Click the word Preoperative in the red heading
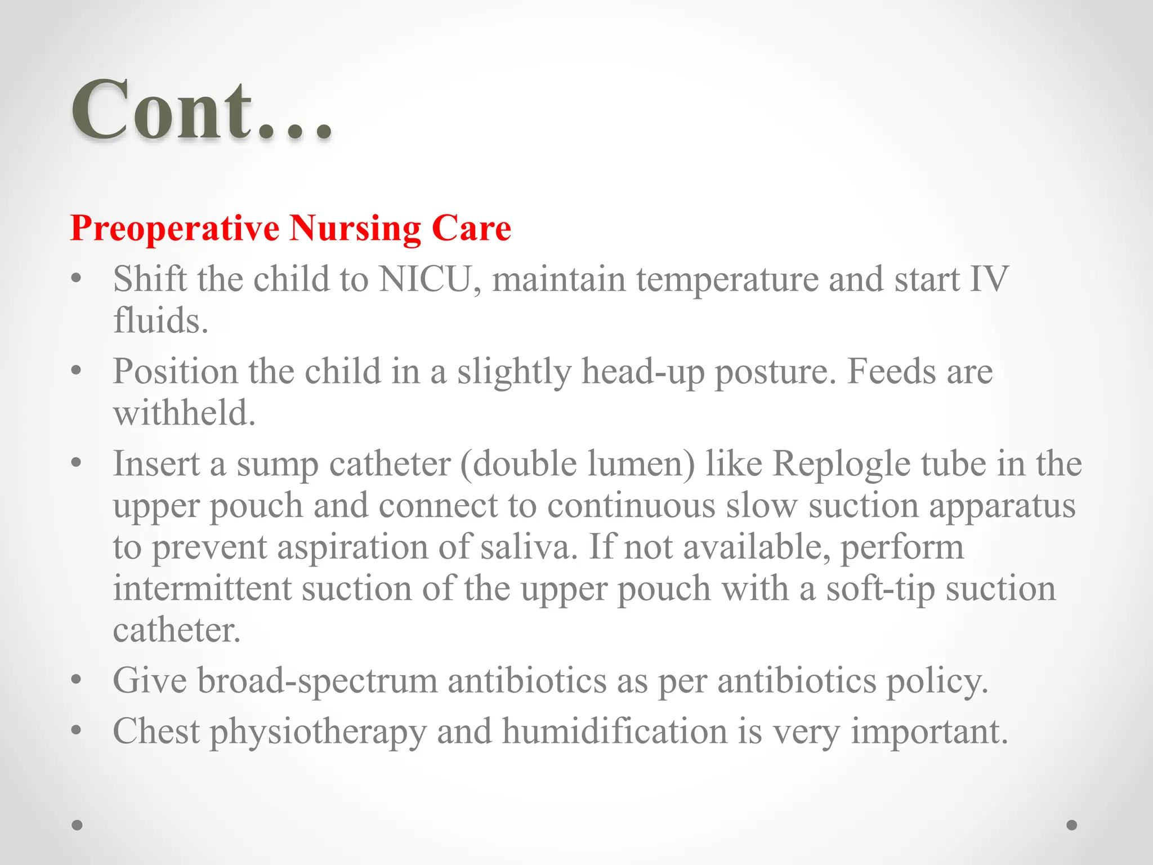175,228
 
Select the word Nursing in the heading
355,228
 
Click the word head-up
642,372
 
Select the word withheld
184,413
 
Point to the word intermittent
202,588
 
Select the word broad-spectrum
317,681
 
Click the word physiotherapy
318,732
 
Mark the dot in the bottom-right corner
1072,825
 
